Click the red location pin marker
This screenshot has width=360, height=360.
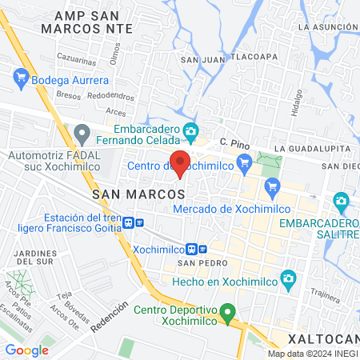pyautogui.click(x=181, y=162)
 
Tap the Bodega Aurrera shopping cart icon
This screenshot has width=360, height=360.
pyautogui.click(x=21, y=79)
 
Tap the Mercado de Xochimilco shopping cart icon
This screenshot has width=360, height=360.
pyautogui.click(x=272, y=189)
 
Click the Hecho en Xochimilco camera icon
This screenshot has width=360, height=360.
pyautogui.click(x=290, y=280)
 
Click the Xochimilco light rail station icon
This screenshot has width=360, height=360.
pyautogui.click(x=194, y=249)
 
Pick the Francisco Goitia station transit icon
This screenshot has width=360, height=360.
pyautogui.click(x=140, y=223)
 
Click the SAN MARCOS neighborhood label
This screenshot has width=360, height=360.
pyautogui.click(x=139, y=194)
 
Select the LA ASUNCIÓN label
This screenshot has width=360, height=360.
pyautogui.click(x=325, y=26)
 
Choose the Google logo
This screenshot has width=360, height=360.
pyautogui.click(x=26, y=350)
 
